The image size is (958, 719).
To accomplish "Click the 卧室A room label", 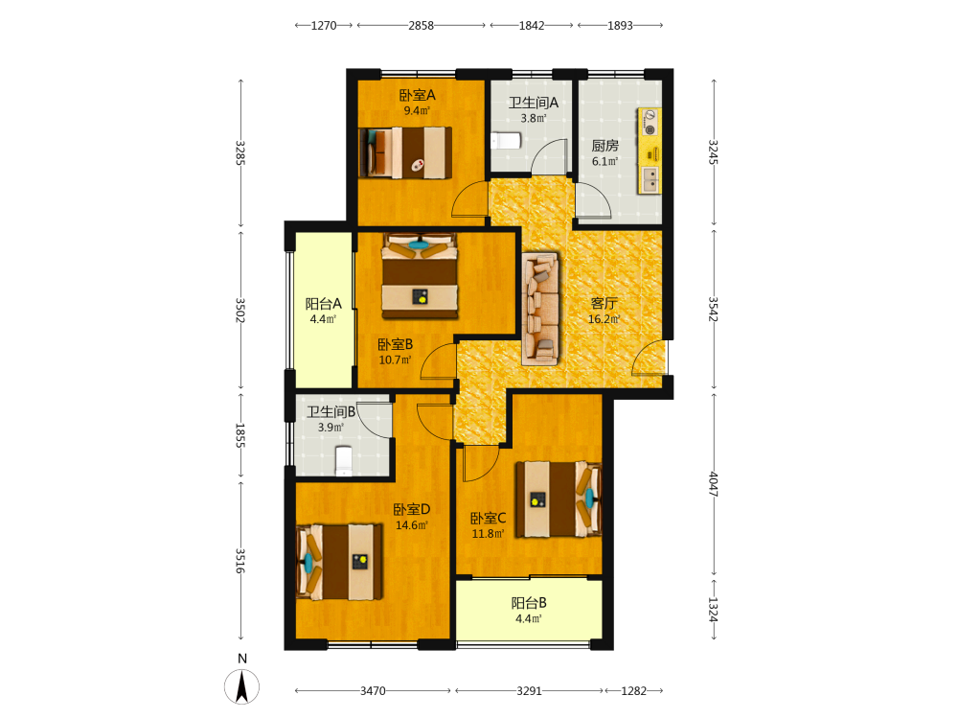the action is [x=417, y=95].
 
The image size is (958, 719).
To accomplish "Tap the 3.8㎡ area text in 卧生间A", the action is [x=534, y=118].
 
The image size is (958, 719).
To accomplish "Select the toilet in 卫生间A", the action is [x=505, y=141].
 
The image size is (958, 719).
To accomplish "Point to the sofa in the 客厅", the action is [x=540, y=310].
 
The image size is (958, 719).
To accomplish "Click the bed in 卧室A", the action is [x=405, y=152].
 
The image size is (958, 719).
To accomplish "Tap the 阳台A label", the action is [x=323, y=304].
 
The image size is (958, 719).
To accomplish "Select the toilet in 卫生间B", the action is [x=344, y=461].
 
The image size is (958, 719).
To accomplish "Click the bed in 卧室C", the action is [x=559, y=499].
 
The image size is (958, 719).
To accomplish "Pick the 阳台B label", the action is [x=529, y=603].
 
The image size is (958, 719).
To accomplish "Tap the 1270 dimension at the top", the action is [x=324, y=26].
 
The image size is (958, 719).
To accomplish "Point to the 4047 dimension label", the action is [x=714, y=484].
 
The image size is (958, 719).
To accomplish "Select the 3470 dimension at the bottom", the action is [x=373, y=691].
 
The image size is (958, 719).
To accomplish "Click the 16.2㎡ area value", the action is [x=604, y=319].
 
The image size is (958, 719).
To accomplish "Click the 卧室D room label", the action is [x=412, y=509].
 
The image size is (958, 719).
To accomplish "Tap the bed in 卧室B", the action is [x=420, y=276].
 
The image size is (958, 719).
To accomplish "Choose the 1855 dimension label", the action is [x=240, y=435].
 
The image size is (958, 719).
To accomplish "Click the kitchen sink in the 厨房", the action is [x=650, y=179].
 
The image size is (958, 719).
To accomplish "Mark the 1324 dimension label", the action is [x=714, y=610].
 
